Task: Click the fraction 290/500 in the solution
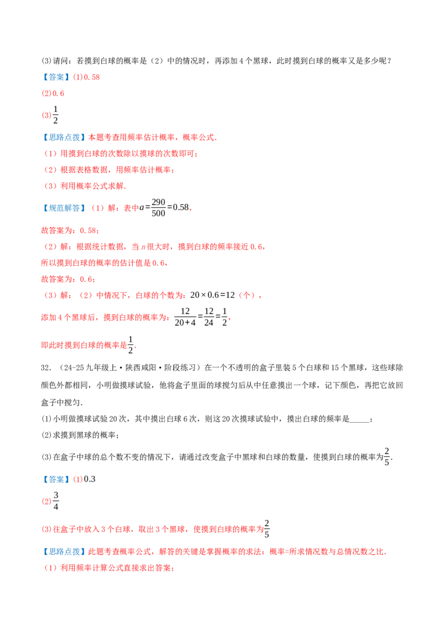click(158, 207)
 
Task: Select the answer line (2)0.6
click(53, 93)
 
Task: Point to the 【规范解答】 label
click(65, 208)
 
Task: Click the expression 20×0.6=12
click(212, 295)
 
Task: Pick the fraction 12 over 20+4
click(185, 317)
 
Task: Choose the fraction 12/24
click(208, 317)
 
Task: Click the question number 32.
click(46, 368)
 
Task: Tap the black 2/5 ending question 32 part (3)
click(387, 457)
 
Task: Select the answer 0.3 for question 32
click(89, 479)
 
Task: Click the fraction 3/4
click(56, 501)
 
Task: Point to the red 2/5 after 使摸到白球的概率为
click(267, 529)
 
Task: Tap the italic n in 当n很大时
click(143, 247)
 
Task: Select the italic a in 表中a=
click(141, 208)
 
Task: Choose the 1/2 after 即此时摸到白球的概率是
click(130, 345)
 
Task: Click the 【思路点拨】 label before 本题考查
click(65, 138)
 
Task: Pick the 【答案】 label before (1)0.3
click(56, 480)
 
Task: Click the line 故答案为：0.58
click(70, 230)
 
